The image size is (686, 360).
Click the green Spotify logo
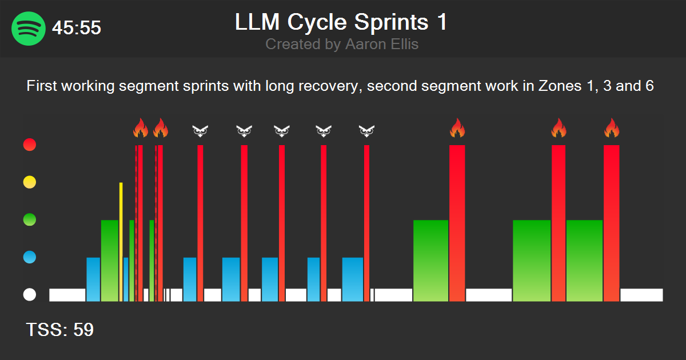click(x=28, y=28)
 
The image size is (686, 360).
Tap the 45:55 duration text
click(x=77, y=28)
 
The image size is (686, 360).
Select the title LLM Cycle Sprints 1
click(x=341, y=22)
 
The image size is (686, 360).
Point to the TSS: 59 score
click(x=60, y=330)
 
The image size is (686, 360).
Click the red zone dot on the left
click(x=29, y=145)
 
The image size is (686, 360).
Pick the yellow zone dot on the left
click(x=29, y=182)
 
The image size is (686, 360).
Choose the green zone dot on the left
click(x=29, y=219)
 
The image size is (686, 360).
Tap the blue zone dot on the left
click(x=29, y=257)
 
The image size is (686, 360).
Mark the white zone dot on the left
click(x=29, y=295)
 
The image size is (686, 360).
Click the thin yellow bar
click(x=121, y=240)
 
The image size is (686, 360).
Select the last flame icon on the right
click(x=612, y=129)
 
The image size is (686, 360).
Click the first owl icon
click(x=200, y=131)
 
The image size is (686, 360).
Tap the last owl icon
click(x=366, y=131)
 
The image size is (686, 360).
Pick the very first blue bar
click(x=93, y=279)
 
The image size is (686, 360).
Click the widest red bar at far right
click(x=612, y=223)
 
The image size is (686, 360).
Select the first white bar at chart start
click(x=67, y=295)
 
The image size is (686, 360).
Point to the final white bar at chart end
click(x=641, y=295)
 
